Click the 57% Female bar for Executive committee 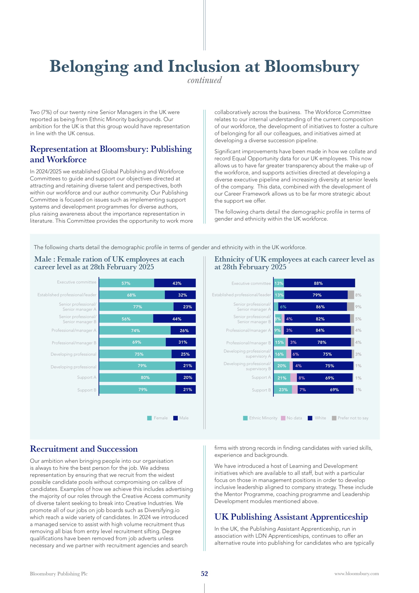(127, 283)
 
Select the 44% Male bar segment (174, 318)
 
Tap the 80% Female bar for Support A (138, 377)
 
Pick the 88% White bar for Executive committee (319, 283)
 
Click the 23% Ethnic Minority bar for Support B (283, 389)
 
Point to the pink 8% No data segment (294, 378)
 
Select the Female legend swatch (149, 418)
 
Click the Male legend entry (181, 418)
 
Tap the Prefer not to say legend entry (350, 418)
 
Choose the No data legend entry (292, 418)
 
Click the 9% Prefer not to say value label (358, 307)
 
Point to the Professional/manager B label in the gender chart (74, 343)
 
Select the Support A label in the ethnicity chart (261, 377)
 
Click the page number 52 (204, 574)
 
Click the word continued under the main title (204, 80)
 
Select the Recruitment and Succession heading (84, 449)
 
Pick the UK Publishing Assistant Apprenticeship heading (291, 517)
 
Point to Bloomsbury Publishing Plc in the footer (59, 574)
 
